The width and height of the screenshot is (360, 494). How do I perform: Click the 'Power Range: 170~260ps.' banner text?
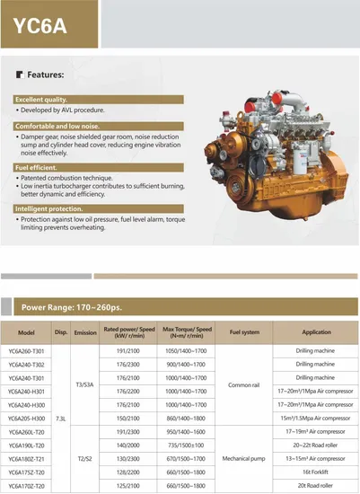82,307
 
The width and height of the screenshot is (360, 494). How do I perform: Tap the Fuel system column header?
244,331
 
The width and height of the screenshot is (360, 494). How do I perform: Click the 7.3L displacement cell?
60,418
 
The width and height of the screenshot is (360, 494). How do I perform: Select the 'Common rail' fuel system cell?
244,384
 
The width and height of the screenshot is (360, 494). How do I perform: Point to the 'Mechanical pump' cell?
244,458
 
